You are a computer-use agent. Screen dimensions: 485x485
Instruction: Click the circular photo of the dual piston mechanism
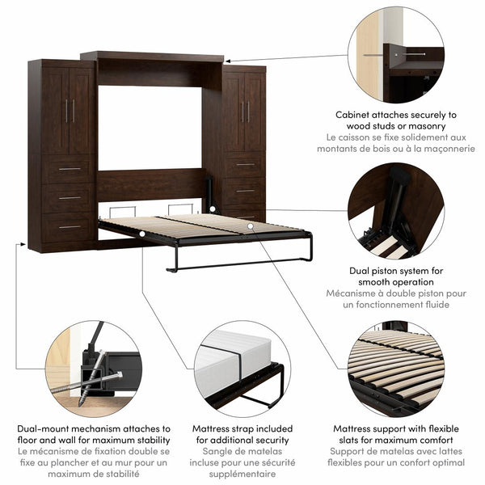(395, 209)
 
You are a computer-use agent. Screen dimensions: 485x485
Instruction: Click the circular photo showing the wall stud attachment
(395, 55)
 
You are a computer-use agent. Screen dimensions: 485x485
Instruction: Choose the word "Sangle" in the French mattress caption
(207, 452)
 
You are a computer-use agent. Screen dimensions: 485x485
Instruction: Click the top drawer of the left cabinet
(70, 170)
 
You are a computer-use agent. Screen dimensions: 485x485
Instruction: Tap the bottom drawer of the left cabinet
(70, 228)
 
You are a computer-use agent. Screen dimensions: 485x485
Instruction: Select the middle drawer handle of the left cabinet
(70, 197)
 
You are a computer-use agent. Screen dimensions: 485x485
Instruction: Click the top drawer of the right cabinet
(244, 166)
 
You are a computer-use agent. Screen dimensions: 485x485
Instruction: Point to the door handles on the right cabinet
(244, 112)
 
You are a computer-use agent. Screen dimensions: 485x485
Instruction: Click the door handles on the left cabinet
(70, 110)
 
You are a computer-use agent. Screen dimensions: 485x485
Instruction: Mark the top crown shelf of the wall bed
(152, 57)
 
